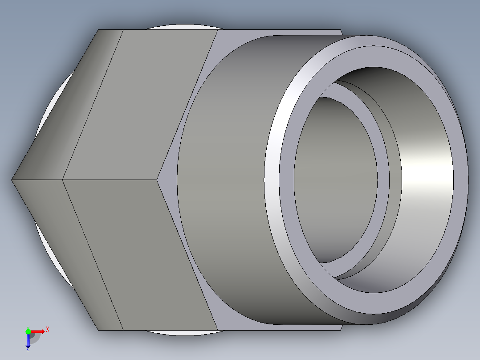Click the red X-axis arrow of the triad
[x=39, y=331]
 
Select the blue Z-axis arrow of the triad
[x=28, y=341]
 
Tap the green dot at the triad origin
[x=28, y=331]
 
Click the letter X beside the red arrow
[x=47, y=330]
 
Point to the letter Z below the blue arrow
[x=28, y=349]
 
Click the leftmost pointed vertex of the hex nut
[x=12, y=180]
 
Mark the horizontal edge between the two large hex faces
[x=111, y=180]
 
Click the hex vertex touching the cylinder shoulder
[x=159, y=180]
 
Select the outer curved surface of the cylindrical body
[x=223, y=178]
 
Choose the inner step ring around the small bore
[x=383, y=178]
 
